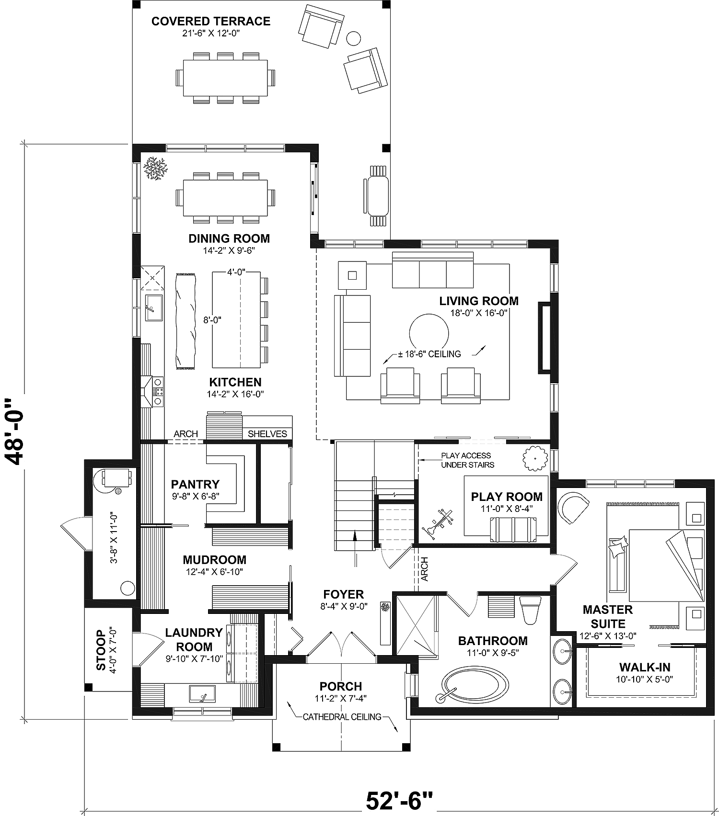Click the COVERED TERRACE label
coord(211,21)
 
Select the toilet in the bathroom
coord(530,611)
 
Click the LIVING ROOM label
coord(478,301)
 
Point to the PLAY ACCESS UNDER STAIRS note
coord(467,460)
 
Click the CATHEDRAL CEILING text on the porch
coord(342,717)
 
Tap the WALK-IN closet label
coord(644,667)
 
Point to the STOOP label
coord(101,650)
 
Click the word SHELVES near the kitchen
coord(267,434)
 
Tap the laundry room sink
coord(202,693)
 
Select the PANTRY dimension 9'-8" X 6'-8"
coord(196,497)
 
